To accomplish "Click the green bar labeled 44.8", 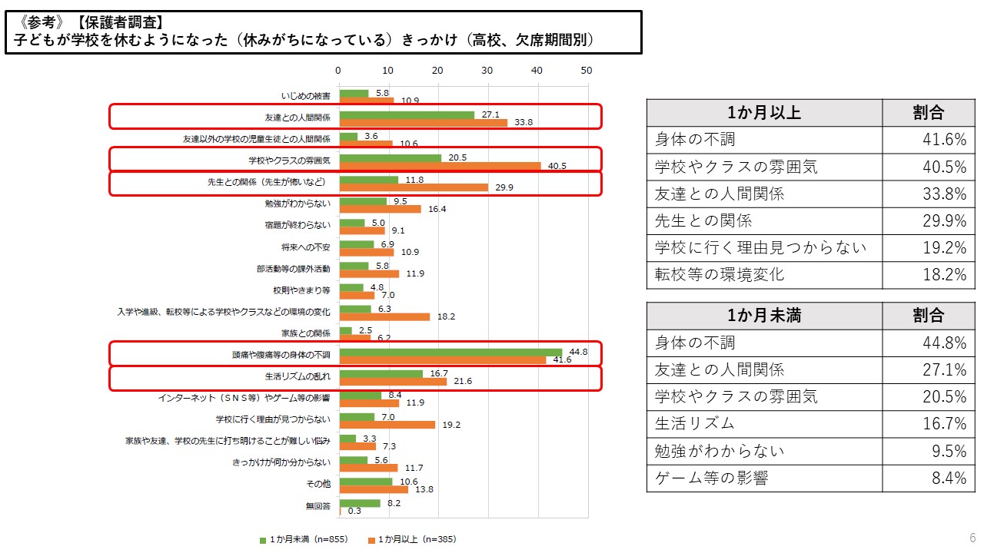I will pyautogui.click(x=450, y=351).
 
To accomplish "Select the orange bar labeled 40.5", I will pyautogui.click(x=439, y=167).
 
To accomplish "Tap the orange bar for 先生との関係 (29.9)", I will pyautogui.click(x=413, y=187).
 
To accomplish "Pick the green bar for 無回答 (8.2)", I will pyautogui.click(x=360, y=503).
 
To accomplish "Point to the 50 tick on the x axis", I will pyautogui.click(x=587, y=71).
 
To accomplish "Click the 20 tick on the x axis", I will pyautogui.click(x=438, y=71).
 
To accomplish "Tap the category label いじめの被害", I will pyautogui.click(x=306, y=97).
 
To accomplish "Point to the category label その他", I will pyautogui.click(x=318, y=485).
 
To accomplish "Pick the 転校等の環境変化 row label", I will pyautogui.click(x=720, y=275).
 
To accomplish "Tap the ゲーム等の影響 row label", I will pyautogui.click(x=711, y=478).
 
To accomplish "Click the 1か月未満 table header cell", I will pyautogui.click(x=764, y=316).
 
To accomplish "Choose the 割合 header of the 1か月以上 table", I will pyautogui.click(x=928, y=113).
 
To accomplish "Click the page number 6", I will pyautogui.click(x=972, y=537).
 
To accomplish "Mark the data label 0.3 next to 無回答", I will pyautogui.click(x=354, y=512).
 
